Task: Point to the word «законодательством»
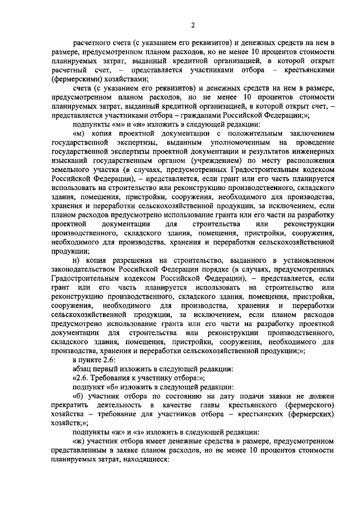(x=84, y=269)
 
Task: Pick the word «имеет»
(x=159, y=442)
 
